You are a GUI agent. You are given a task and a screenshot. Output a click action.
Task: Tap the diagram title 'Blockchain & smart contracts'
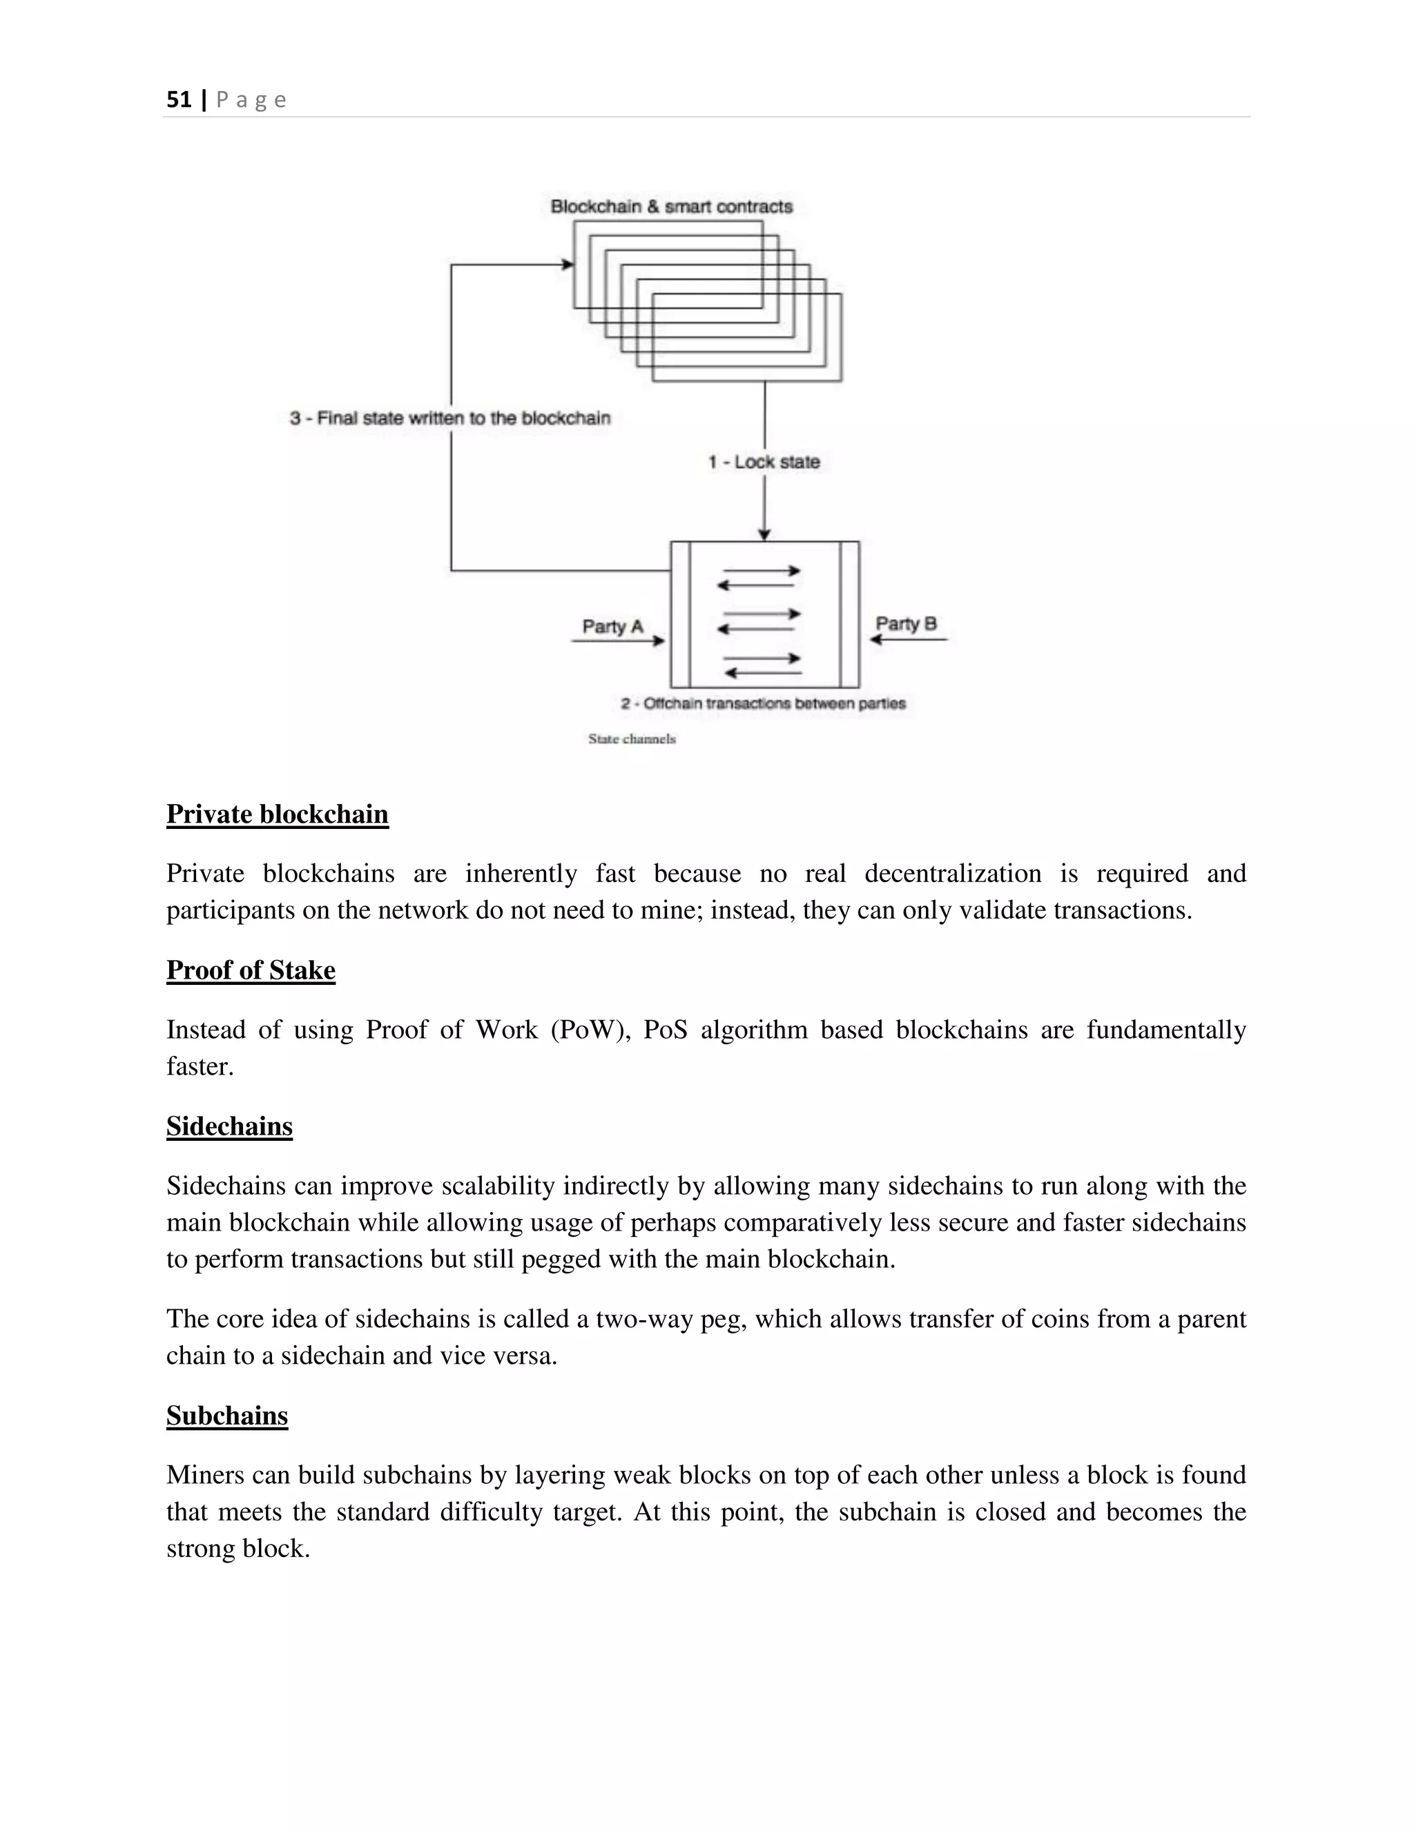(x=671, y=206)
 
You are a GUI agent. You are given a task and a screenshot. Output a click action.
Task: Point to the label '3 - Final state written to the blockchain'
(x=450, y=418)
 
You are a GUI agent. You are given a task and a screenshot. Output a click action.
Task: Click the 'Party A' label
(x=612, y=627)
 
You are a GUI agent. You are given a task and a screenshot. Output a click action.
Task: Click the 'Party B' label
(x=906, y=624)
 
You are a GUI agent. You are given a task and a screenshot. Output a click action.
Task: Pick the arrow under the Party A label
(x=617, y=641)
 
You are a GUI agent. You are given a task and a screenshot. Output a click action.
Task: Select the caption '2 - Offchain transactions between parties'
(x=763, y=703)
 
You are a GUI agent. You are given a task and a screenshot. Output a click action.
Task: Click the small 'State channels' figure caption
(x=632, y=739)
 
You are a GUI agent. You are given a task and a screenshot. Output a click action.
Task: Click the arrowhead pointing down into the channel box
(x=764, y=534)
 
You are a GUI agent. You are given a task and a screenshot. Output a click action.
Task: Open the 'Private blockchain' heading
(x=278, y=814)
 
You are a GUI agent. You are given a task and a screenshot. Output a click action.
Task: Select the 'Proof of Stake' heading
(x=251, y=970)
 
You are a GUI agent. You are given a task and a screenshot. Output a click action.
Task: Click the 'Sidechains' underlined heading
(x=229, y=1126)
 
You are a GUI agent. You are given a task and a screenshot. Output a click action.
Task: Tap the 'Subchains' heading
(x=227, y=1416)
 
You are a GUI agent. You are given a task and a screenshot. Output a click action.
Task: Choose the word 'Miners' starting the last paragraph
(x=200, y=1475)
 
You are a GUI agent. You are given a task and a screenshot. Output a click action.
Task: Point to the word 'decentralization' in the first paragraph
(x=952, y=874)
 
